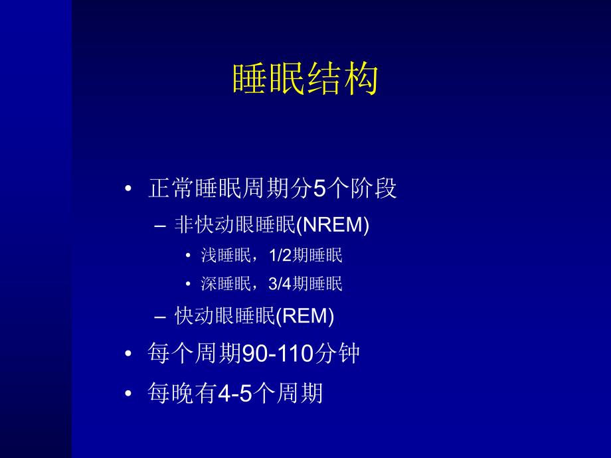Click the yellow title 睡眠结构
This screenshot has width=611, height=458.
(305, 80)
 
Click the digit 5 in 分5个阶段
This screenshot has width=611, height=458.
(321, 189)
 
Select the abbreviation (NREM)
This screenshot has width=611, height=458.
(331, 225)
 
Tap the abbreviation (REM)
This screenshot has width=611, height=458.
(304, 316)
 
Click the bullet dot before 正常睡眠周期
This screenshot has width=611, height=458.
(129, 190)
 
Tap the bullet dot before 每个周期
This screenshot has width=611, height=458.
(129, 354)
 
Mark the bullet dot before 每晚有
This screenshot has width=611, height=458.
(129, 394)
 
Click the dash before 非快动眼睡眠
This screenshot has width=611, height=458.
(159, 226)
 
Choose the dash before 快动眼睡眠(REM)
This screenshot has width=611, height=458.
(159, 317)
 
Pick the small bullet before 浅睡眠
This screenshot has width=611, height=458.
(189, 256)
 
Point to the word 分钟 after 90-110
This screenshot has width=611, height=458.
(337, 354)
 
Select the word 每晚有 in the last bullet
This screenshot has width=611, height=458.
(182, 394)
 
